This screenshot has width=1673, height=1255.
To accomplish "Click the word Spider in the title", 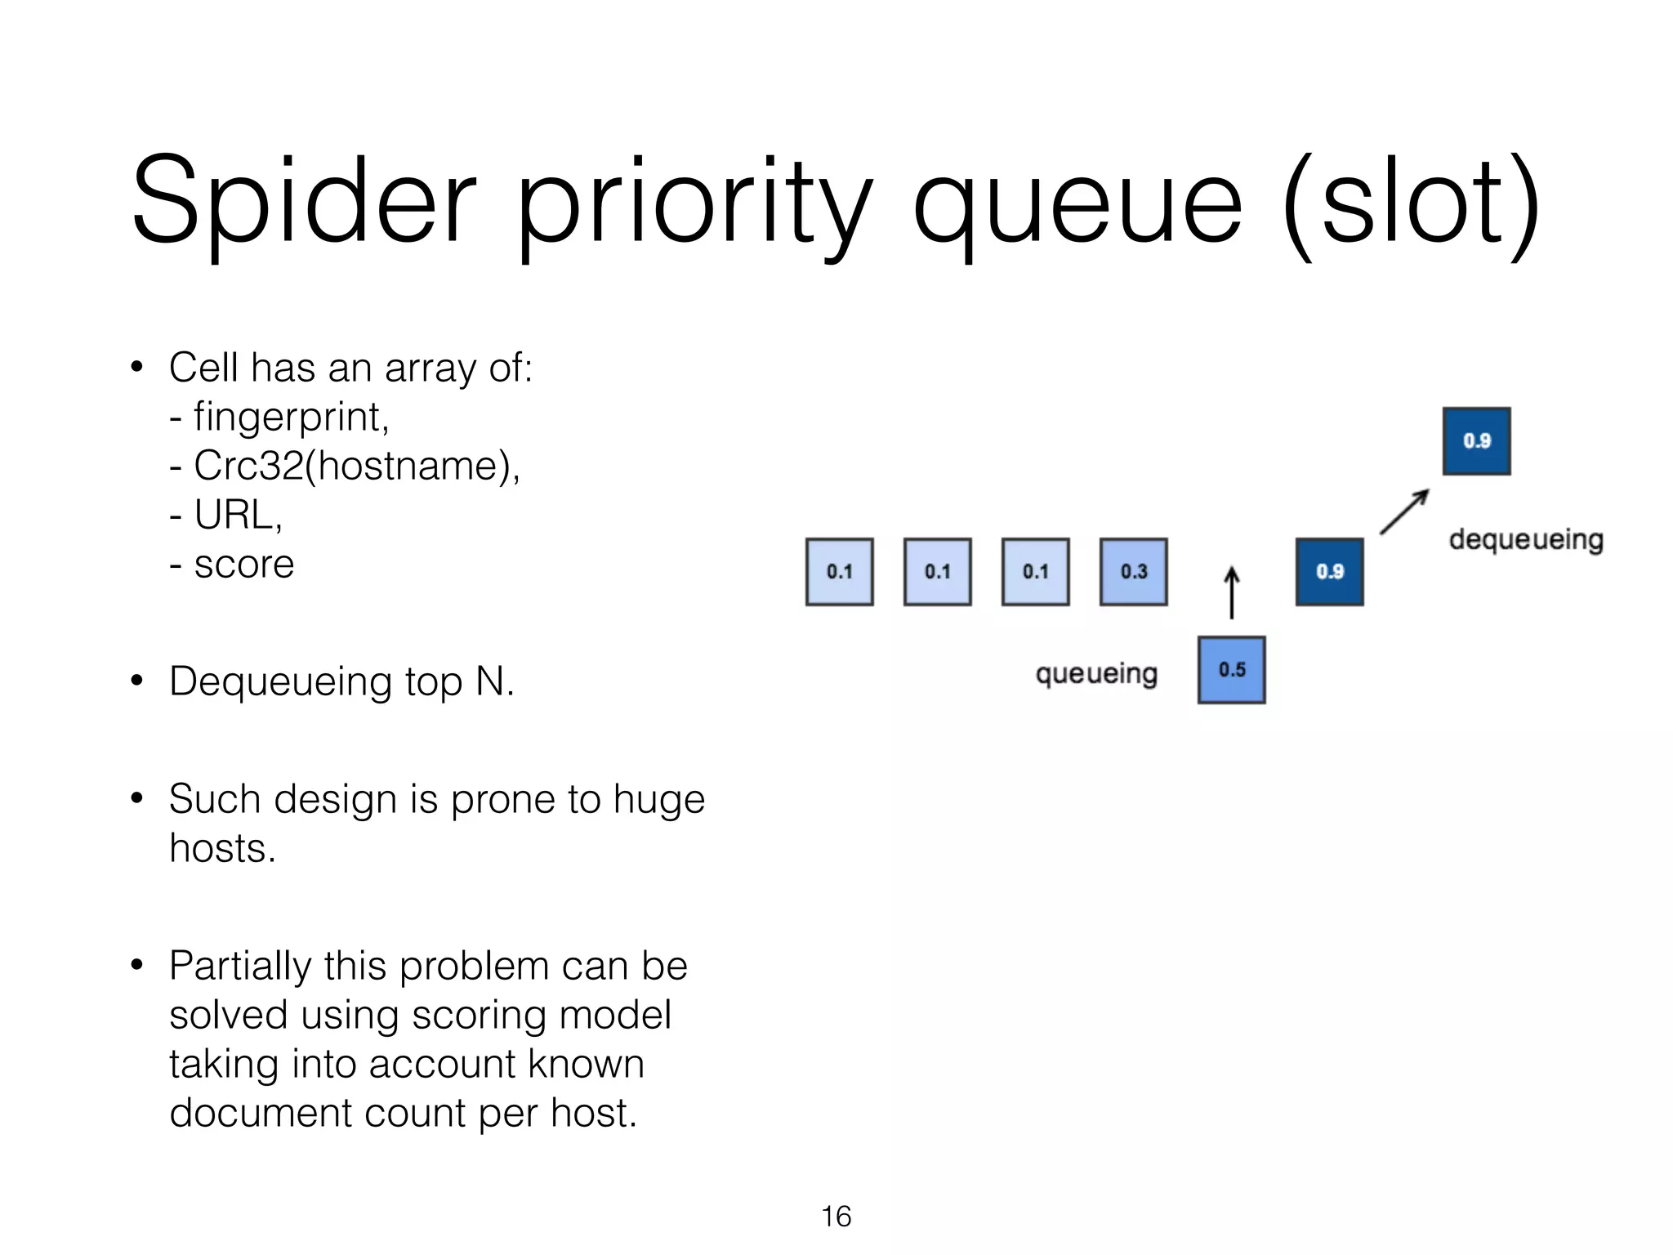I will pos(302,200).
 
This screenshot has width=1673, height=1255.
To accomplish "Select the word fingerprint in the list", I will pos(290,417).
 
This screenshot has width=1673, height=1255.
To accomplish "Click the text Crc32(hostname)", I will pos(356,466).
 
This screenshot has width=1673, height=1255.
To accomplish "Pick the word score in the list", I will pos(243,564).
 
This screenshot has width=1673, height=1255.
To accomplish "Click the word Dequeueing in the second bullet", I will pos(280,681).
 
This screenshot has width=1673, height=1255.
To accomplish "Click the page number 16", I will pos(836,1217).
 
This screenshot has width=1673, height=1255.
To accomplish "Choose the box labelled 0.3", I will pos(1133,571).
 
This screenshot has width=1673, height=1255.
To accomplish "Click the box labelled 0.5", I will pos(1231,670).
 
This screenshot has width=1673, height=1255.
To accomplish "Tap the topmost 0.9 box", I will pos(1476,441).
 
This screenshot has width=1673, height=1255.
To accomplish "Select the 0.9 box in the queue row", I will pos(1329,571).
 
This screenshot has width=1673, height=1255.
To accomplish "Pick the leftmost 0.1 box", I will pos(839,571).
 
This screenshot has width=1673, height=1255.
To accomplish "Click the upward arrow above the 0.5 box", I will pos(1231,592).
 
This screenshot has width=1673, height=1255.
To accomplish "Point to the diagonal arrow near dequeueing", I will pos(1404,511).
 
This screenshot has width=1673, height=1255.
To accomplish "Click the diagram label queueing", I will pos(1096,674).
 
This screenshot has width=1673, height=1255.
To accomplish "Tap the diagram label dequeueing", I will pos(1525,540).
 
